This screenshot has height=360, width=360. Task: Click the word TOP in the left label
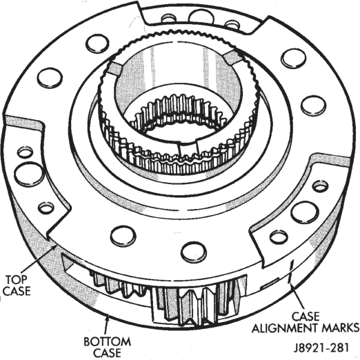(x=17, y=279)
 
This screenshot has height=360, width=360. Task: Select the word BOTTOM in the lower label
(x=107, y=341)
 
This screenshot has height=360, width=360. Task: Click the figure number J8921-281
(x=321, y=348)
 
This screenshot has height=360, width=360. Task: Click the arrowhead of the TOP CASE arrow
(x=54, y=247)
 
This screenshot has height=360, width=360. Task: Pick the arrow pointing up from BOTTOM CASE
(x=106, y=325)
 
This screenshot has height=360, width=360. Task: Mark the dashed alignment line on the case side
(x=291, y=271)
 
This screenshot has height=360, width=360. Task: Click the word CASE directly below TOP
(x=17, y=291)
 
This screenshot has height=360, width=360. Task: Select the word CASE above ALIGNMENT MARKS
(x=306, y=317)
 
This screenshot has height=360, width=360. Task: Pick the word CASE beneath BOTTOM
(x=108, y=353)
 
